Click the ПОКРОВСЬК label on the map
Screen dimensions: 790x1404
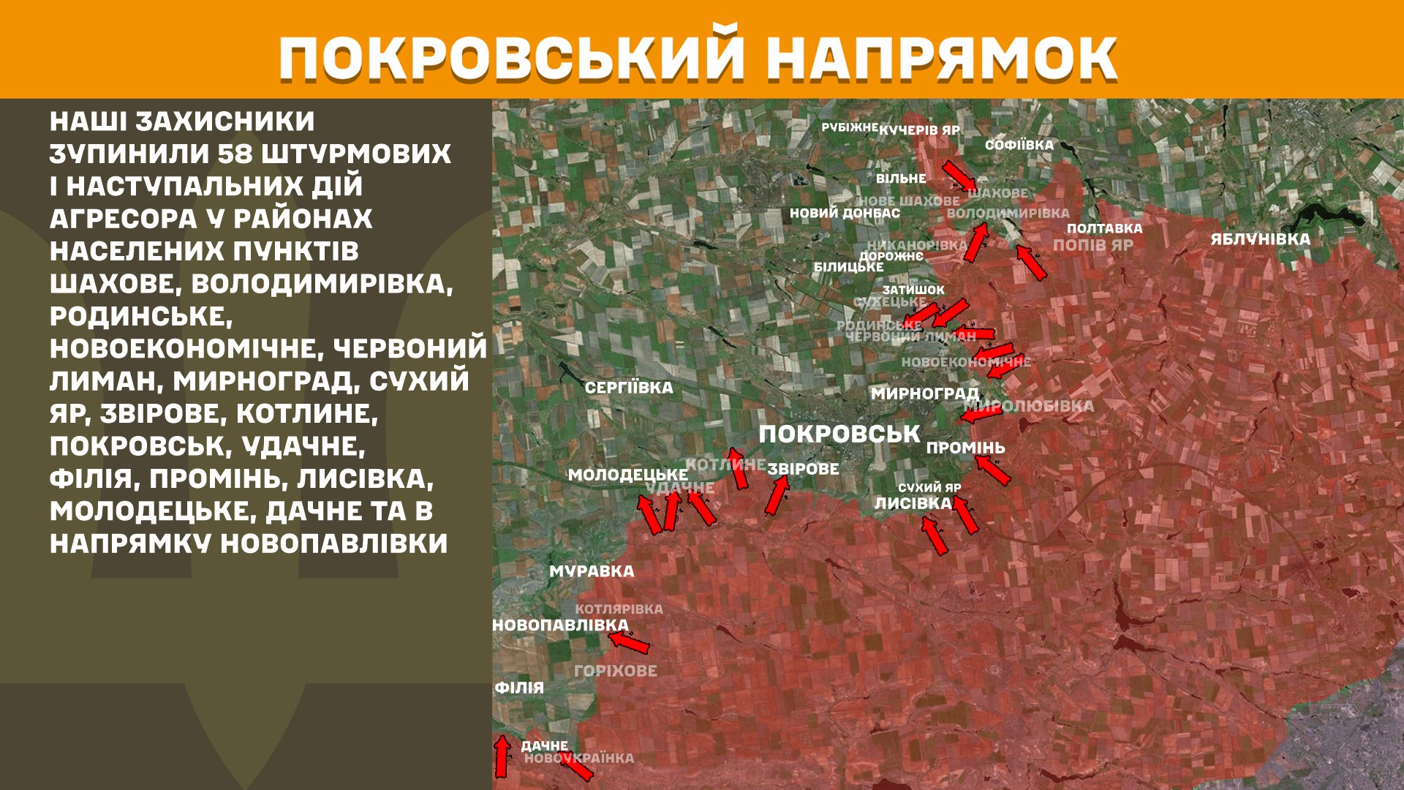839,434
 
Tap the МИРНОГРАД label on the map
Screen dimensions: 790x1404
924,394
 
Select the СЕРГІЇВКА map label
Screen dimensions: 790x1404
628,388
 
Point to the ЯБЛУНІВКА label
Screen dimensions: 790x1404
1260,239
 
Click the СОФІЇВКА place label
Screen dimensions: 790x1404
1019,145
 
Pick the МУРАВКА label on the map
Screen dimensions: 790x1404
592,571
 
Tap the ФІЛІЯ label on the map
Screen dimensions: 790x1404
519,688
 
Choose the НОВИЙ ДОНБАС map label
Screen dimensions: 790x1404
845,214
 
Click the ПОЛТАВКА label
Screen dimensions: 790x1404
1104,228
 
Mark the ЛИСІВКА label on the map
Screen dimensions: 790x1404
913,503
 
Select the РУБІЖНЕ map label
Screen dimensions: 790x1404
849,127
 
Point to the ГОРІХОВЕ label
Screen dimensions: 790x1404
616,671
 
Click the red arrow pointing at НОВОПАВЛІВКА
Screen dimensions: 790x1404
629,642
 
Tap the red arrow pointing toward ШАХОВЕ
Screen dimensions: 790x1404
958,176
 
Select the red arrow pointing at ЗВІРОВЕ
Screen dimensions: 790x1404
777,495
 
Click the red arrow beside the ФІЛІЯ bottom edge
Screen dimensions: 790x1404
502,756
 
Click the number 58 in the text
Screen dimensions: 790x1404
235,154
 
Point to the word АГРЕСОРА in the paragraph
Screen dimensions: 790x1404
124,219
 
